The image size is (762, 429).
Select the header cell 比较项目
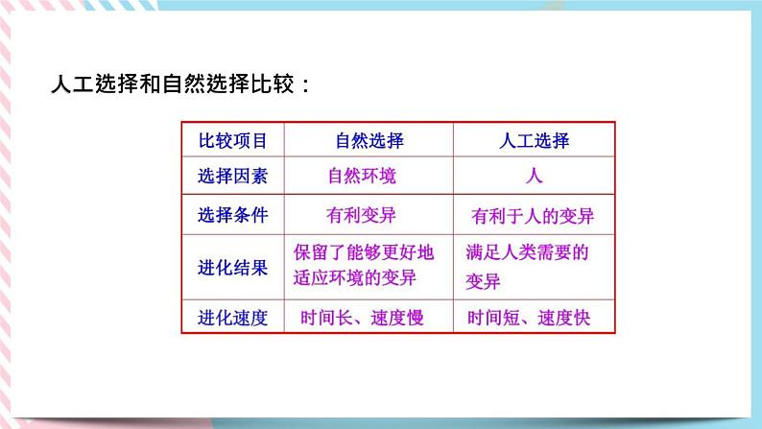click(x=232, y=141)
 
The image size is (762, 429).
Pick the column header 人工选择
click(x=535, y=141)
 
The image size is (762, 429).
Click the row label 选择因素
click(x=232, y=177)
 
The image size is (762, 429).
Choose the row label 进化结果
click(x=232, y=266)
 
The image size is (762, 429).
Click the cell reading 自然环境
click(x=362, y=177)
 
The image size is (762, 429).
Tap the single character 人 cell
click(x=535, y=177)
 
